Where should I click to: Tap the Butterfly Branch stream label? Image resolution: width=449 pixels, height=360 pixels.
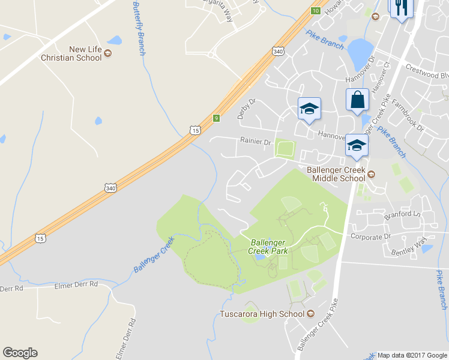(139, 28)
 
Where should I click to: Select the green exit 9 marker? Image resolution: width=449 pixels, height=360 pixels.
(216, 118)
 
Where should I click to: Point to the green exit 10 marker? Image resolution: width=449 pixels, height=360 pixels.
(315, 10)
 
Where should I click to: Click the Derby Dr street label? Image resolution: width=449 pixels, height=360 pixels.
(243, 109)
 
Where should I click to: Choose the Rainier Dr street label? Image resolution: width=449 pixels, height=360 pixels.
(256, 143)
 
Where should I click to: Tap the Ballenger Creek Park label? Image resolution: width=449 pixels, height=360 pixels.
(268, 247)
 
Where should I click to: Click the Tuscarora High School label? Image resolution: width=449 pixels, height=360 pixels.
(262, 314)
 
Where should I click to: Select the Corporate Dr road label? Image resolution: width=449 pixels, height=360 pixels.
(370, 237)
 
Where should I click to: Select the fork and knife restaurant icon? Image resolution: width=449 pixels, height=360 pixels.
(401, 8)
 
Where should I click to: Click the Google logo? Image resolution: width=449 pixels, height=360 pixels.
(20, 353)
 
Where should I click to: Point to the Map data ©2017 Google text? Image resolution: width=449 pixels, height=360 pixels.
(412, 355)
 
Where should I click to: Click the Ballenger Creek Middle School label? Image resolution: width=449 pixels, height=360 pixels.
(336, 174)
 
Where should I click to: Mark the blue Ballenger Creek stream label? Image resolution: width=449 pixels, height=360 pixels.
(154, 255)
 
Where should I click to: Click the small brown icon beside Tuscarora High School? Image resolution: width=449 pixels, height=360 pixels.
(311, 314)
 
